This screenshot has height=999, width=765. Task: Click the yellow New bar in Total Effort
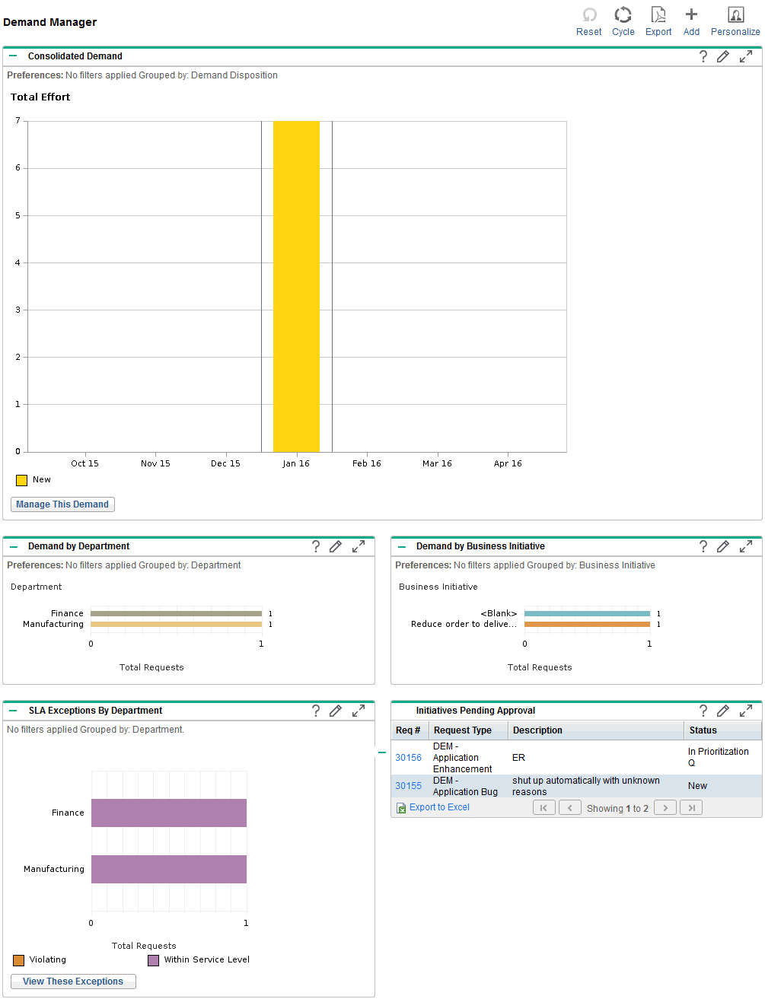coord(296,286)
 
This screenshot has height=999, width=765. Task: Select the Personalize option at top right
coord(735,22)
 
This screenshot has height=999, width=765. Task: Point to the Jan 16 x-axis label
coord(296,463)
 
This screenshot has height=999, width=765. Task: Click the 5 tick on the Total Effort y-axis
coord(18,215)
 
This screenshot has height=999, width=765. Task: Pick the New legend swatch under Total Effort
coord(21,480)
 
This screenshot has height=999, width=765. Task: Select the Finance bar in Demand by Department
coord(176,613)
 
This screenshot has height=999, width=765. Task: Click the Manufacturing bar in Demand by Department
coord(176,624)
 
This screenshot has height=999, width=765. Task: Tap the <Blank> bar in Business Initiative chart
coord(587,613)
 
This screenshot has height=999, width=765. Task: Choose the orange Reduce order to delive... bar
coord(587,624)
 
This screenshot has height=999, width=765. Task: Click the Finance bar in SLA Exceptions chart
coord(169,813)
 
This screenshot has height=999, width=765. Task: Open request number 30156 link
coord(408,758)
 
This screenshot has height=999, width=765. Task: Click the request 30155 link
coord(408,786)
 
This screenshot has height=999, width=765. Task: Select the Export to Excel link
coord(439,807)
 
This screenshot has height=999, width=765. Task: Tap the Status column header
coord(703,730)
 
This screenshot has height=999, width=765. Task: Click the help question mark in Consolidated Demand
coord(703,56)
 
